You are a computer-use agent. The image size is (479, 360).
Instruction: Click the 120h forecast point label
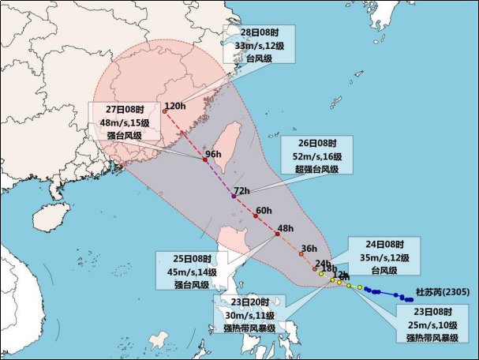(174, 106)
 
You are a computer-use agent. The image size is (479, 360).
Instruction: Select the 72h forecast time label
(241, 191)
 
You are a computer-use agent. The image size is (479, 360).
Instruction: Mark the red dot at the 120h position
(165, 111)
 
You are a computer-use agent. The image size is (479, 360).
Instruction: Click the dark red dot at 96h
(205, 160)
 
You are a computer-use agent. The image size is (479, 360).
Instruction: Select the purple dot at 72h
(234, 195)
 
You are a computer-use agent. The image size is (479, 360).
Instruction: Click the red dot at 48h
(278, 234)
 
